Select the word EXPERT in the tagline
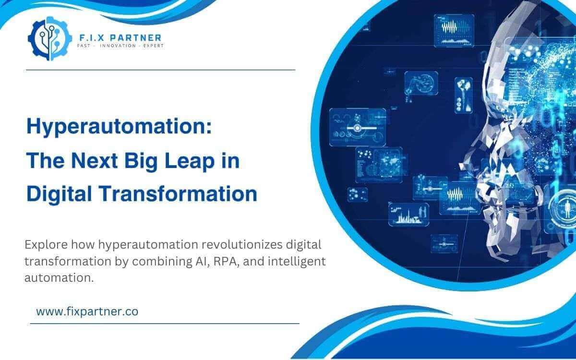[x=149, y=46]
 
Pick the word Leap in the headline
[x=191, y=162]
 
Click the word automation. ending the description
[x=59, y=277]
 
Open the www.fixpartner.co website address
[x=87, y=311]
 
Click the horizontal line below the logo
[x=160, y=70]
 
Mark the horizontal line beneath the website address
[x=165, y=324]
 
